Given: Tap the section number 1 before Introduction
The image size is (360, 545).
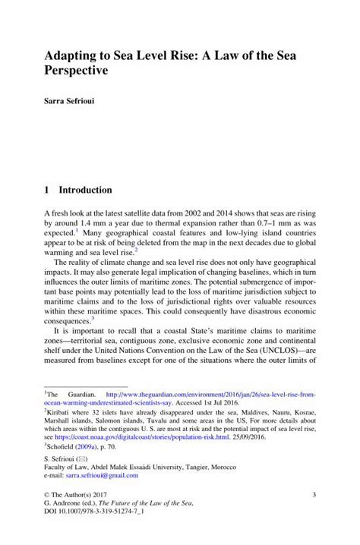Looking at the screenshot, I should coord(47,189).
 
